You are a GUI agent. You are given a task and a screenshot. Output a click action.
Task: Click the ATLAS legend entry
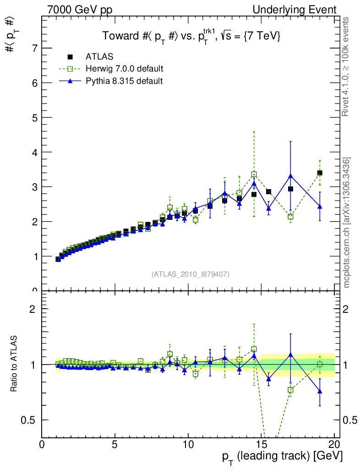(99, 57)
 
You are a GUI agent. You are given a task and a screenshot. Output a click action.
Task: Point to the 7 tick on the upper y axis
(35, 48)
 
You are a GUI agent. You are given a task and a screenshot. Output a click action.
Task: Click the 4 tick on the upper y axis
(35, 152)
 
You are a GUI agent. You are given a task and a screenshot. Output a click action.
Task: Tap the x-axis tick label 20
(334, 445)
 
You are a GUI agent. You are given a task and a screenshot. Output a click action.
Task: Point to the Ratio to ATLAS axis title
(15, 364)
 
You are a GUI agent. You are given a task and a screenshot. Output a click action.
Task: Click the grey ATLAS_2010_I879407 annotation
(191, 274)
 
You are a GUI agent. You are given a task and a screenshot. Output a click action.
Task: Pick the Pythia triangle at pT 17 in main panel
(290, 176)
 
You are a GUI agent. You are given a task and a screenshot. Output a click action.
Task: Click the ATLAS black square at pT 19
(320, 173)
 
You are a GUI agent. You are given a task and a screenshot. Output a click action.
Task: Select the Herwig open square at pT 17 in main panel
(290, 217)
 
